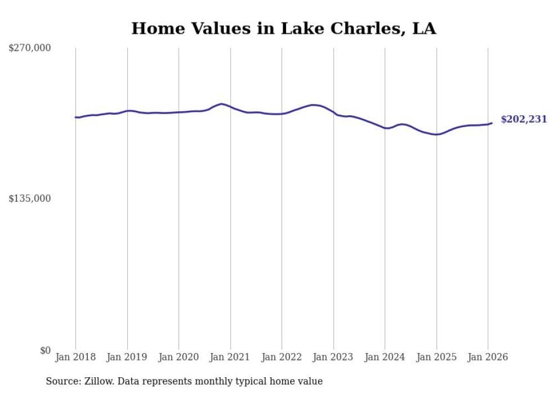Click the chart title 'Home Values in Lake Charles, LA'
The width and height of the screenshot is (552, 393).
point(283,29)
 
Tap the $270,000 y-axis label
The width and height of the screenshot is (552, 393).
point(30,48)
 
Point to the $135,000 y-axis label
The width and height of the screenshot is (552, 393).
point(30,198)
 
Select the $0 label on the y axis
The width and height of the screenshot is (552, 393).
point(45,350)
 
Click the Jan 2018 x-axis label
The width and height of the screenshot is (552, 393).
point(75,357)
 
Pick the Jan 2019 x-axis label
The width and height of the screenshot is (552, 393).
point(127,357)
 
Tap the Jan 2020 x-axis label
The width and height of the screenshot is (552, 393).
point(179,357)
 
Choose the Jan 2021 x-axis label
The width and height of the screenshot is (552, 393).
point(230,357)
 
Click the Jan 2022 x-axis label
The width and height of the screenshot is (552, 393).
point(282,357)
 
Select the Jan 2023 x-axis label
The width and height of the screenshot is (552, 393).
point(333,357)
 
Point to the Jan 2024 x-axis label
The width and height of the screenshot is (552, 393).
point(385,357)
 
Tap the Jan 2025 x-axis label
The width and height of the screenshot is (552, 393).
point(437,357)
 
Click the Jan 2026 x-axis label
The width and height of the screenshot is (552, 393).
point(488,357)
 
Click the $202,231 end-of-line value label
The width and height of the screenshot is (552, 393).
point(523,120)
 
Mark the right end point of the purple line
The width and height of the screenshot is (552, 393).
point(492,123)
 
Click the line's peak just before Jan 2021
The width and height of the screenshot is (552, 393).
point(222,104)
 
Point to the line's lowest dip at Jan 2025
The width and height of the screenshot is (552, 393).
point(436,134)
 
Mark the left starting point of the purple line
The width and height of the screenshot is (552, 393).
point(75,117)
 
